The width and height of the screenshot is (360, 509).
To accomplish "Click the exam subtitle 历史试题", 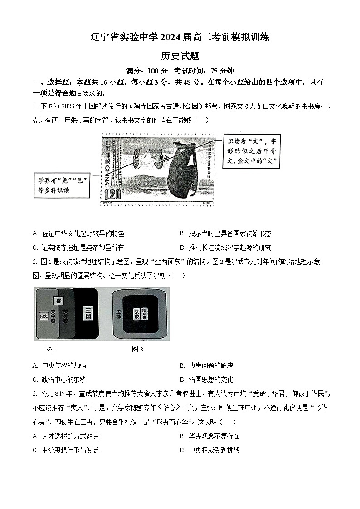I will coord(180,56).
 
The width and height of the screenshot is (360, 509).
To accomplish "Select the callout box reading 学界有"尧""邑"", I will coord(61,185).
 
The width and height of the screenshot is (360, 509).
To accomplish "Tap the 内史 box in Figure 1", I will coord(44,315).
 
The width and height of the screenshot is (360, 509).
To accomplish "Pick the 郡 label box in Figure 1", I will coord(58,301).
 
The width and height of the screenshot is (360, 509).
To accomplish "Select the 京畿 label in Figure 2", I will coord(136,313).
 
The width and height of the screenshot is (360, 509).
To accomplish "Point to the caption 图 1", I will coord(52,349).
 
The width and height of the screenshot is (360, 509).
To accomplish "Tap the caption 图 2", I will coord(137,349).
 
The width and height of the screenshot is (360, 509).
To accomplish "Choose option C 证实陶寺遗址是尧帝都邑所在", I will coord(78,247).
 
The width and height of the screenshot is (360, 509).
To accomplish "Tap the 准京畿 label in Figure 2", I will coord(145,313).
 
